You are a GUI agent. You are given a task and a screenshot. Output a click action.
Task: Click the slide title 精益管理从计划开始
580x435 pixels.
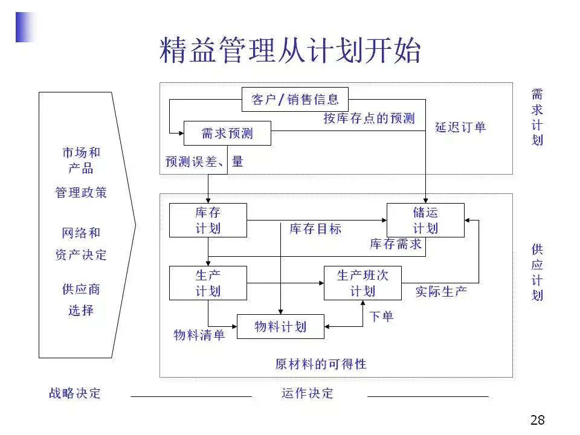(290, 51)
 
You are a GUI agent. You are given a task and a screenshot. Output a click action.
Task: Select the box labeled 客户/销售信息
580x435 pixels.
(295, 100)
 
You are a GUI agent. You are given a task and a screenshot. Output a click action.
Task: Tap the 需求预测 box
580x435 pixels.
(227, 134)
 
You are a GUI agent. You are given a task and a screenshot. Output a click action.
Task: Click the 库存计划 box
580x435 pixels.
(208, 220)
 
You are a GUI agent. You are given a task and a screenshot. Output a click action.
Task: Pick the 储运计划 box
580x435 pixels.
(425, 220)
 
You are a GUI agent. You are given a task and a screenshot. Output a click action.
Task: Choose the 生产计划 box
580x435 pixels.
(208, 283)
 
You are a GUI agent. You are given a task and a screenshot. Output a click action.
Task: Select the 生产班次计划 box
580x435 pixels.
(362, 283)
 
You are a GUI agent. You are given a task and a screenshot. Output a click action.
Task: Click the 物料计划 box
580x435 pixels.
(280, 327)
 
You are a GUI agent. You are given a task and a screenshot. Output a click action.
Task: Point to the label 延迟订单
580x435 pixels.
(460, 127)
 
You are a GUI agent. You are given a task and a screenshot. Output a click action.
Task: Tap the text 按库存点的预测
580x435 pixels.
(369, 118)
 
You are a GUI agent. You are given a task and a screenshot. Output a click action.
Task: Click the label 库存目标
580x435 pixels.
(315, 229)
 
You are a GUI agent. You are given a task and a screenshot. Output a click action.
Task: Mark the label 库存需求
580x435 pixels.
(396, 244)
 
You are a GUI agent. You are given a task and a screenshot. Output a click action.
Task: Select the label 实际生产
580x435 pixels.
(441, 292)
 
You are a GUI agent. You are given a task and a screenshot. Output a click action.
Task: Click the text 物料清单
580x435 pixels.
(199, 335)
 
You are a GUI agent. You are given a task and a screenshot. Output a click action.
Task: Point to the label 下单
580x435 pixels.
(381, 316)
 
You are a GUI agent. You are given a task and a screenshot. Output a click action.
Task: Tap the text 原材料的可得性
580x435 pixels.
(321, 364)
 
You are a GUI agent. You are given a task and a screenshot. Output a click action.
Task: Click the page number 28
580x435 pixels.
(537, 420)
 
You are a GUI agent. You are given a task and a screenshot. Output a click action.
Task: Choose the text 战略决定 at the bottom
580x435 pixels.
(75, 393)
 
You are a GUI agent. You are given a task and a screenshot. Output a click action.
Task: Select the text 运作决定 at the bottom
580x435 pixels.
(307, 393)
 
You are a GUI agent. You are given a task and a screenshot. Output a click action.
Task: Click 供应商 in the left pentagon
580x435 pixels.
(81, 289)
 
